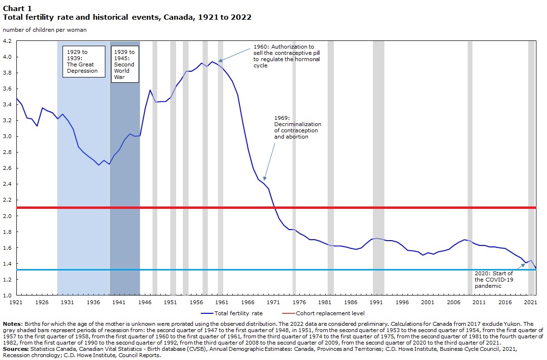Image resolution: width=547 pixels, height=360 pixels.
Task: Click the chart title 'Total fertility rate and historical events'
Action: [x=127, y=17]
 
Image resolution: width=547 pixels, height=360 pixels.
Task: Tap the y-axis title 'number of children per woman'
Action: [x=45, y=30]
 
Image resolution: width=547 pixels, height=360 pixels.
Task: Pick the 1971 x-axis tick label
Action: [x=273, y=302]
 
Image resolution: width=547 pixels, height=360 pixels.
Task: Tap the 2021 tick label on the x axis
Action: [x=530, y=302]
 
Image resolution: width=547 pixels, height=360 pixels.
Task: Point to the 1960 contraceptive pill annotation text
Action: [x=287, y=56]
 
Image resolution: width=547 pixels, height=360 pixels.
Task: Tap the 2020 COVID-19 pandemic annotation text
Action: [x=494, y=280]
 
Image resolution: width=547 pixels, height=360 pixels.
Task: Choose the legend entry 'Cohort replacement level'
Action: [x=330, y=313]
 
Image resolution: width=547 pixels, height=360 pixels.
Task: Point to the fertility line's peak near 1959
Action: [x=212, y=62]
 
